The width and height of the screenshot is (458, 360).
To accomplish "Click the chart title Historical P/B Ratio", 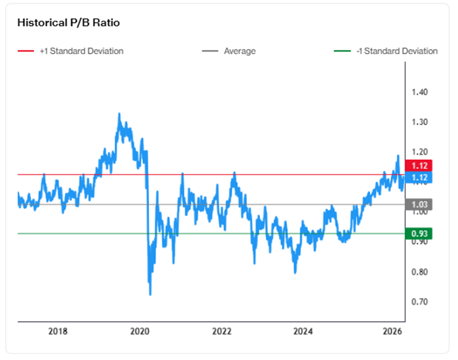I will point(69,23).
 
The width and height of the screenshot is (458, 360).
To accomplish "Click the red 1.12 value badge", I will point(419,166).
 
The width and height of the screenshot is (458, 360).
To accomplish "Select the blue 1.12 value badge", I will point(419,177).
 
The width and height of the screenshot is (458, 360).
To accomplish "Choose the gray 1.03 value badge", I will point(419,204).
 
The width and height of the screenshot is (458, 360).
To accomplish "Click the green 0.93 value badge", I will point(419,234).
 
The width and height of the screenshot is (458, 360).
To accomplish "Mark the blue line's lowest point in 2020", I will point(150,294).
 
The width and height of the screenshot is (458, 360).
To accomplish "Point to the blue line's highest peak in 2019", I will point(119,113).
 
